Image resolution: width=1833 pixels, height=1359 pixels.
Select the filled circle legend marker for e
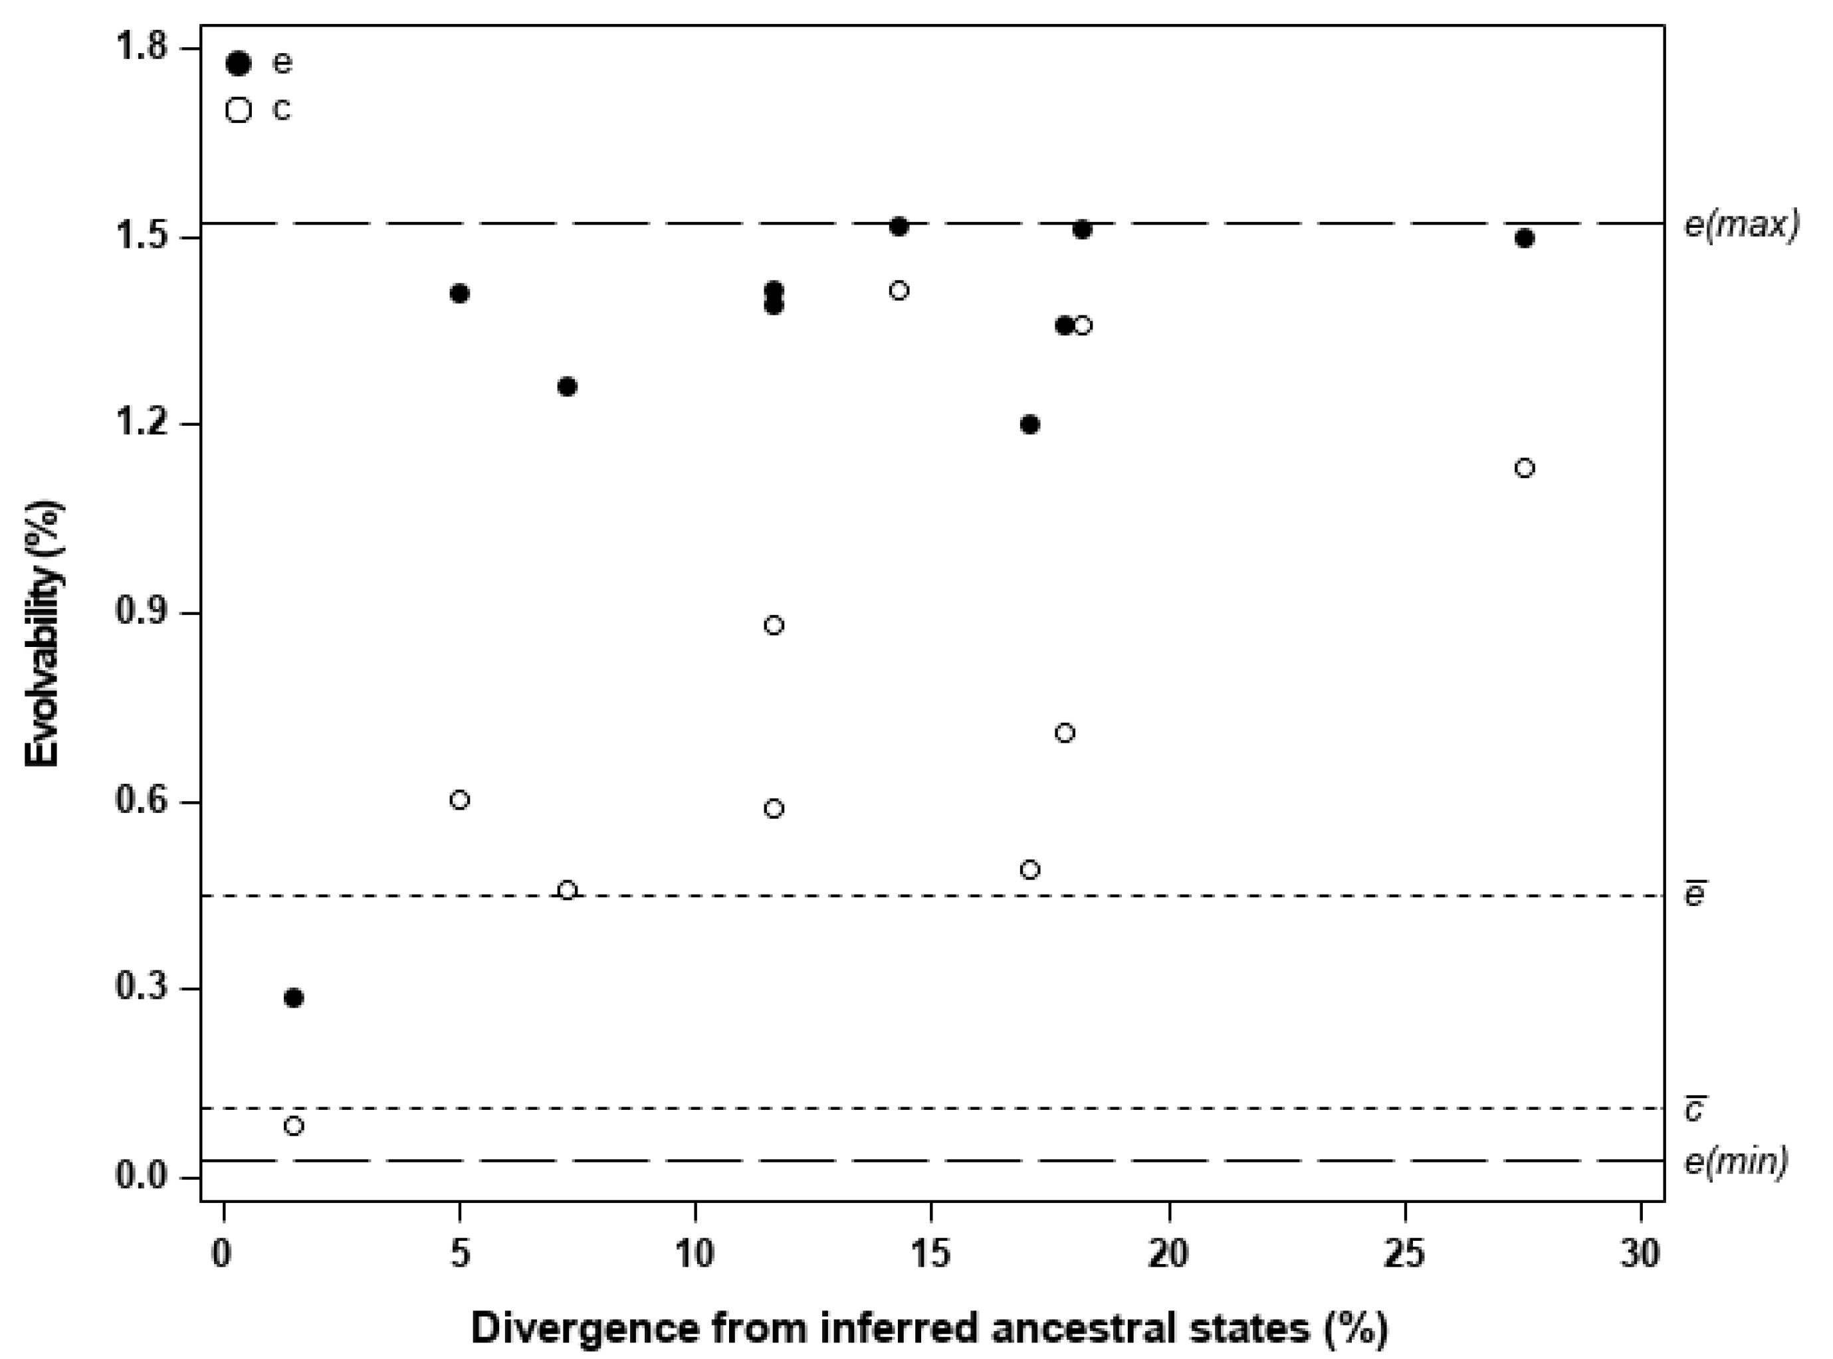point(238,63)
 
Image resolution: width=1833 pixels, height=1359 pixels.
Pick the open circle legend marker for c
point(238,110)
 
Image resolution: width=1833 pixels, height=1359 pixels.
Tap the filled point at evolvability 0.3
point(294,998)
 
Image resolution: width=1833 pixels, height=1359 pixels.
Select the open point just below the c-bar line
point(294,1125)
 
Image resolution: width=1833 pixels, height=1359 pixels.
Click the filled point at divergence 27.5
point(1525,238)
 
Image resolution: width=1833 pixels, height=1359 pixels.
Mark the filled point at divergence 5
point(460,294)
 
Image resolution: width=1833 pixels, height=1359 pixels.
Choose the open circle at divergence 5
point(460,800)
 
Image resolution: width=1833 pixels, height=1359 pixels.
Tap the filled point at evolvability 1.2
point(1029,424)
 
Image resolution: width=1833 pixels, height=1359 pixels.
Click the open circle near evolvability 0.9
point(774,625)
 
